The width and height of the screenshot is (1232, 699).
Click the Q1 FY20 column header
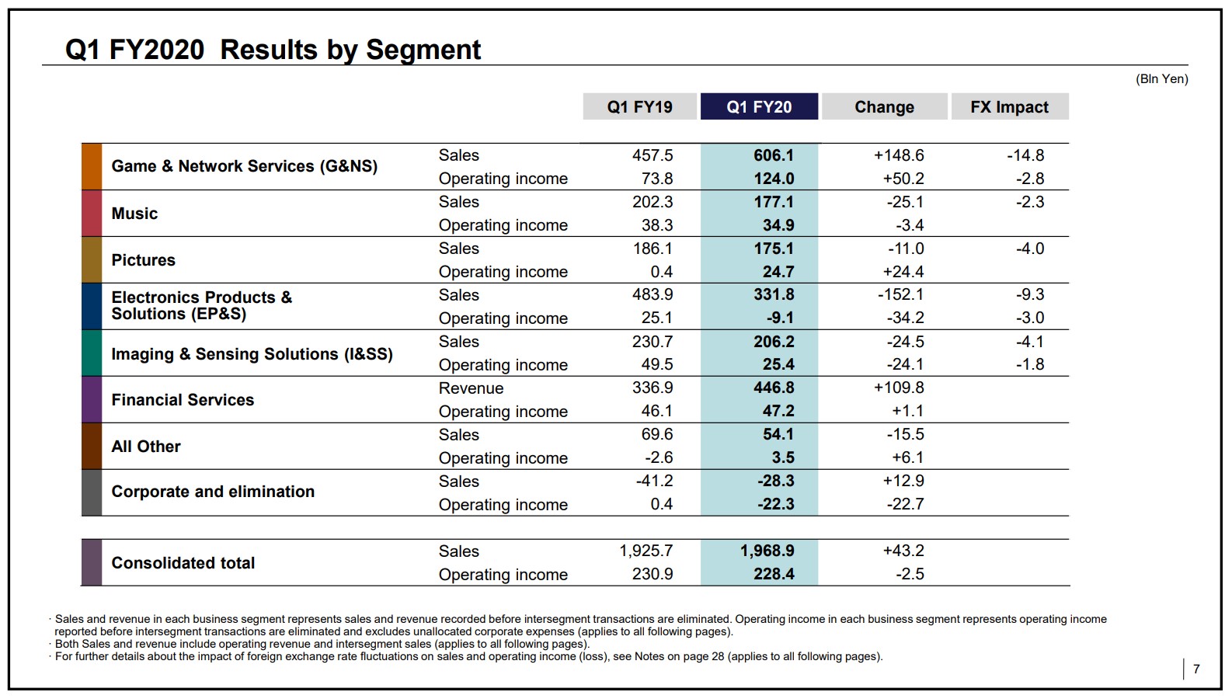(759, 106)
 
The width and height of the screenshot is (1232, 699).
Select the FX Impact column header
(1010, 106)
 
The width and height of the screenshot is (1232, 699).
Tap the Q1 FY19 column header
(639, 106)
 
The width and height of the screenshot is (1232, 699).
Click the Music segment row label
(134, 214)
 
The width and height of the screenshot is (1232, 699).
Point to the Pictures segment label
(144, 260)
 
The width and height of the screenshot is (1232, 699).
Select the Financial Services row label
(183, 400)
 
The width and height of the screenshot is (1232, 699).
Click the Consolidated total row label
(183, 563)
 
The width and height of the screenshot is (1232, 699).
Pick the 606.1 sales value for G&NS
(774, 155)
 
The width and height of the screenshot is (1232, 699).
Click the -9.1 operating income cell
(780, 318)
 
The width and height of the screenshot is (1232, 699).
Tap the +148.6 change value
(899, 155)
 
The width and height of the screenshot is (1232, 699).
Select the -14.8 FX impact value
(1025, 155)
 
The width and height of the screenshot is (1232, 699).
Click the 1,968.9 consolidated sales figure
(767, 551)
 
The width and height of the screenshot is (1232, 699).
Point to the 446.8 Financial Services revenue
(774, 388)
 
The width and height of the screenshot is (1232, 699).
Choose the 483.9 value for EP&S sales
(653, 294)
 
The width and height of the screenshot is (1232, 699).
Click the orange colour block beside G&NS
(92, 167)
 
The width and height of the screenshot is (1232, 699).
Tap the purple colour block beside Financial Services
(92, 400)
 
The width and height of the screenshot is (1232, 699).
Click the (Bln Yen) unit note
(1161, 79)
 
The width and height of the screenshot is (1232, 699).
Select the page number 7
(1196, 669)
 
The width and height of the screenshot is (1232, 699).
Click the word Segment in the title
(423, 50)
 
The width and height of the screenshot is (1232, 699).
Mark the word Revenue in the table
(471, 388)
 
